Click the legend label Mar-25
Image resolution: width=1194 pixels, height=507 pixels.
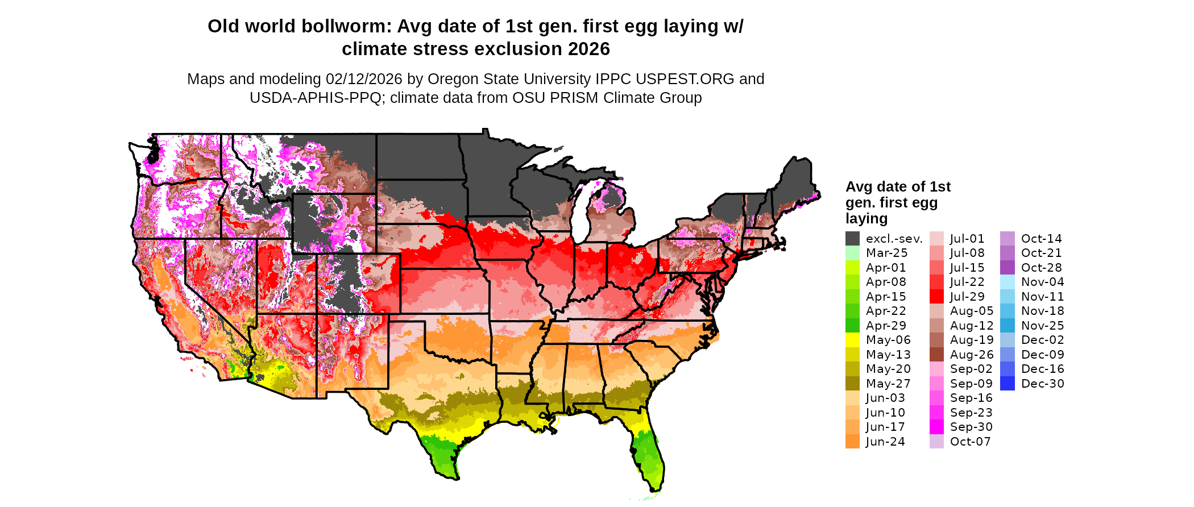point(886,253)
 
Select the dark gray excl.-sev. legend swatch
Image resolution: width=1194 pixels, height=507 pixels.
point(852,239)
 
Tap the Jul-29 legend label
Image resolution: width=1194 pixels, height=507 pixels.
point(967,297)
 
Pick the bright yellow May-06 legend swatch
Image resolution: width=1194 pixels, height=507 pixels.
point(852,340)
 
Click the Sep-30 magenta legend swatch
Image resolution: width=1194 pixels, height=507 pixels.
point(936,427)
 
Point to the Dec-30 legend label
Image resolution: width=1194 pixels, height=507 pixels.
point(1042,384)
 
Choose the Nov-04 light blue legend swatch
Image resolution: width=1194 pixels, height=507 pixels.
point(1007,282)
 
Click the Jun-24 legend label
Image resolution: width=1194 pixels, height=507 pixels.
point(885,442)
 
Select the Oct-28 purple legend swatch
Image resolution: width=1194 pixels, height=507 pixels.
point(1007,268)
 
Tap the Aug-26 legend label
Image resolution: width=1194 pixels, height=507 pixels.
point(972,355)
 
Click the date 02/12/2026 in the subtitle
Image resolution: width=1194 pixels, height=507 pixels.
point(363,79)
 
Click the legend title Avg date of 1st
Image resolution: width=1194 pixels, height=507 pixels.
point(898,187)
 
